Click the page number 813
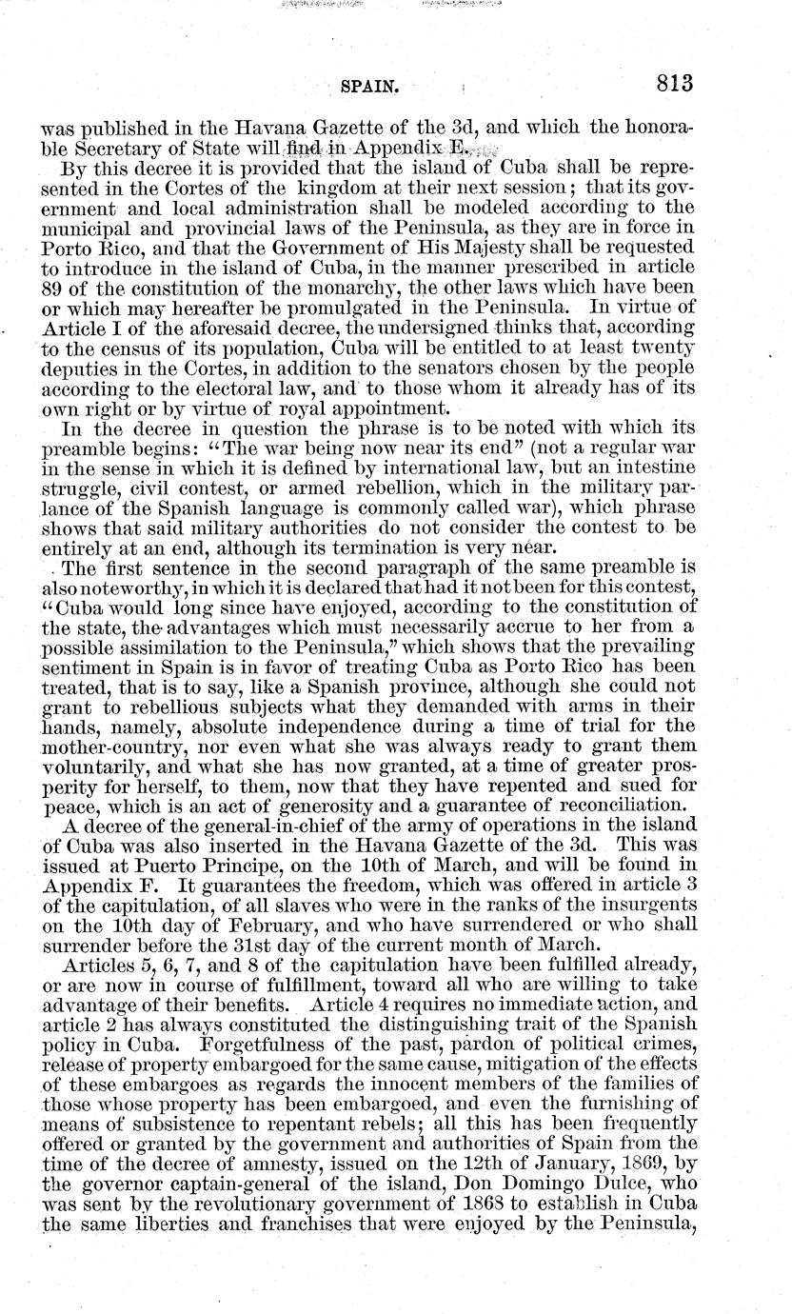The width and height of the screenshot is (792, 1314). (674, 84)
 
